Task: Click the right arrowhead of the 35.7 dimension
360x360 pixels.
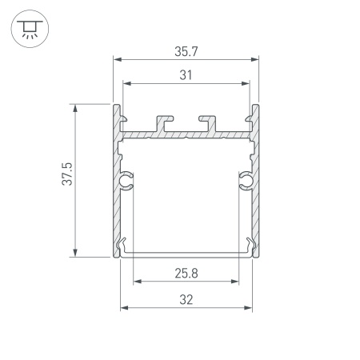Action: pyautogui.click(x=258, y=59)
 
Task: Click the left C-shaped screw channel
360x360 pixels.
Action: pyautogui.click(x=126, y=182)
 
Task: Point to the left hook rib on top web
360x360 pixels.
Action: pyautogui.click(x=165, y=121)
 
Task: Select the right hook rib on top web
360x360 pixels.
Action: pyautogui.click(x=210, y=121)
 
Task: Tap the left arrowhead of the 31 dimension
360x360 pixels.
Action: pyautogui.click(x=125, y=82)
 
